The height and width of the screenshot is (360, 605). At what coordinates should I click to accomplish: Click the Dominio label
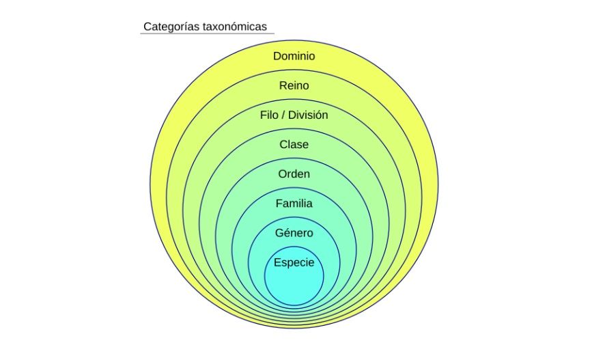click(294, 56)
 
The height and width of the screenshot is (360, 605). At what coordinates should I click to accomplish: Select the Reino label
click(294, 85)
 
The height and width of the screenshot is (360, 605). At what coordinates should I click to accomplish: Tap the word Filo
click(270, 115)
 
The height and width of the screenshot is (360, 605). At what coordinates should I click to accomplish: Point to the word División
click(308, 115)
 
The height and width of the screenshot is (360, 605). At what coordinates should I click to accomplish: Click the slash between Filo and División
click(283, 115)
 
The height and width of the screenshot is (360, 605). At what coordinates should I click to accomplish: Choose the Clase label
click(294, 144)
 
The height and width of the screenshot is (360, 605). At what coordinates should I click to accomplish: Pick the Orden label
click(294, 174)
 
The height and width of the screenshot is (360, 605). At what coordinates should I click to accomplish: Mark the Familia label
click(294, 203)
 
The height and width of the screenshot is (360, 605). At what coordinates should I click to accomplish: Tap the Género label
click(294, 233)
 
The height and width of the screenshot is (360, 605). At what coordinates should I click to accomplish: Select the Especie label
click(294, 262)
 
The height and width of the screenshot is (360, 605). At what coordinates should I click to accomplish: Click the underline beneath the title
click(207, 34)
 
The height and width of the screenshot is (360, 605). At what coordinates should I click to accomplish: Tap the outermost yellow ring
click(158, 184)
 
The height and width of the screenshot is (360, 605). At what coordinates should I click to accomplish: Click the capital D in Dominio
click(277, 56)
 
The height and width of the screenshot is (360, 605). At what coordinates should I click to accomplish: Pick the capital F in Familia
click(279, 203)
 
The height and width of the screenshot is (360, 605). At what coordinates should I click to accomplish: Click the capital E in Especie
click(277, 262)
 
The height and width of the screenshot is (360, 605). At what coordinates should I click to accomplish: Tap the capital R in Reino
click(283, 85)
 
